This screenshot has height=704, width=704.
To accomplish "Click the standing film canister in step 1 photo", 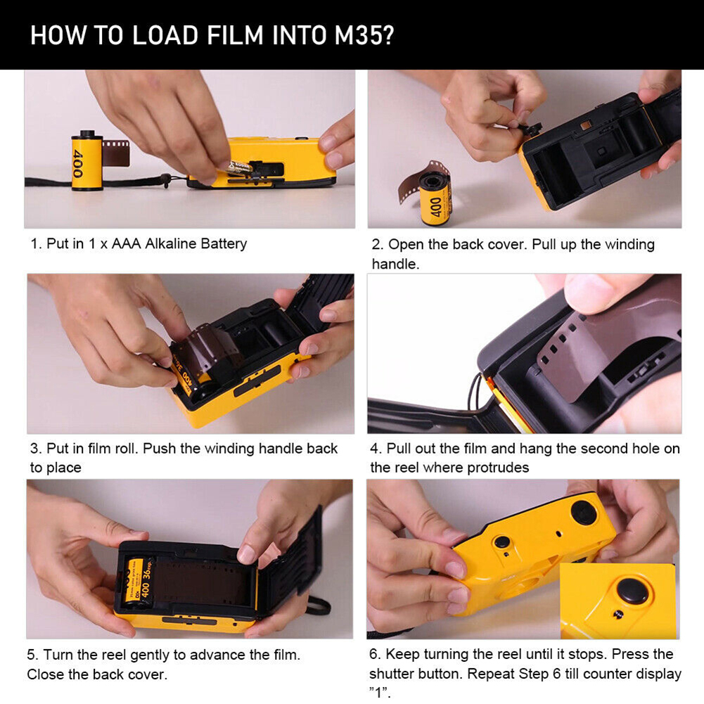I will tap(87, 160).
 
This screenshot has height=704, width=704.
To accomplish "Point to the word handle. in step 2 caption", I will tap(395, 264).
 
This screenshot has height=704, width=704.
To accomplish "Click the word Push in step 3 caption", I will tap(160, 449).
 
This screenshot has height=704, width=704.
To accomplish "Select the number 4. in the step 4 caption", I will tap(376, 449).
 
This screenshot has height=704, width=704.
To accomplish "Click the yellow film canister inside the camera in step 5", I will tap(137, 580).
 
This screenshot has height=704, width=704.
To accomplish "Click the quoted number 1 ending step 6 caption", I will tap(380, 693).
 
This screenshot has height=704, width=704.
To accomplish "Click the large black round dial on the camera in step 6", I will tap(584, 512).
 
